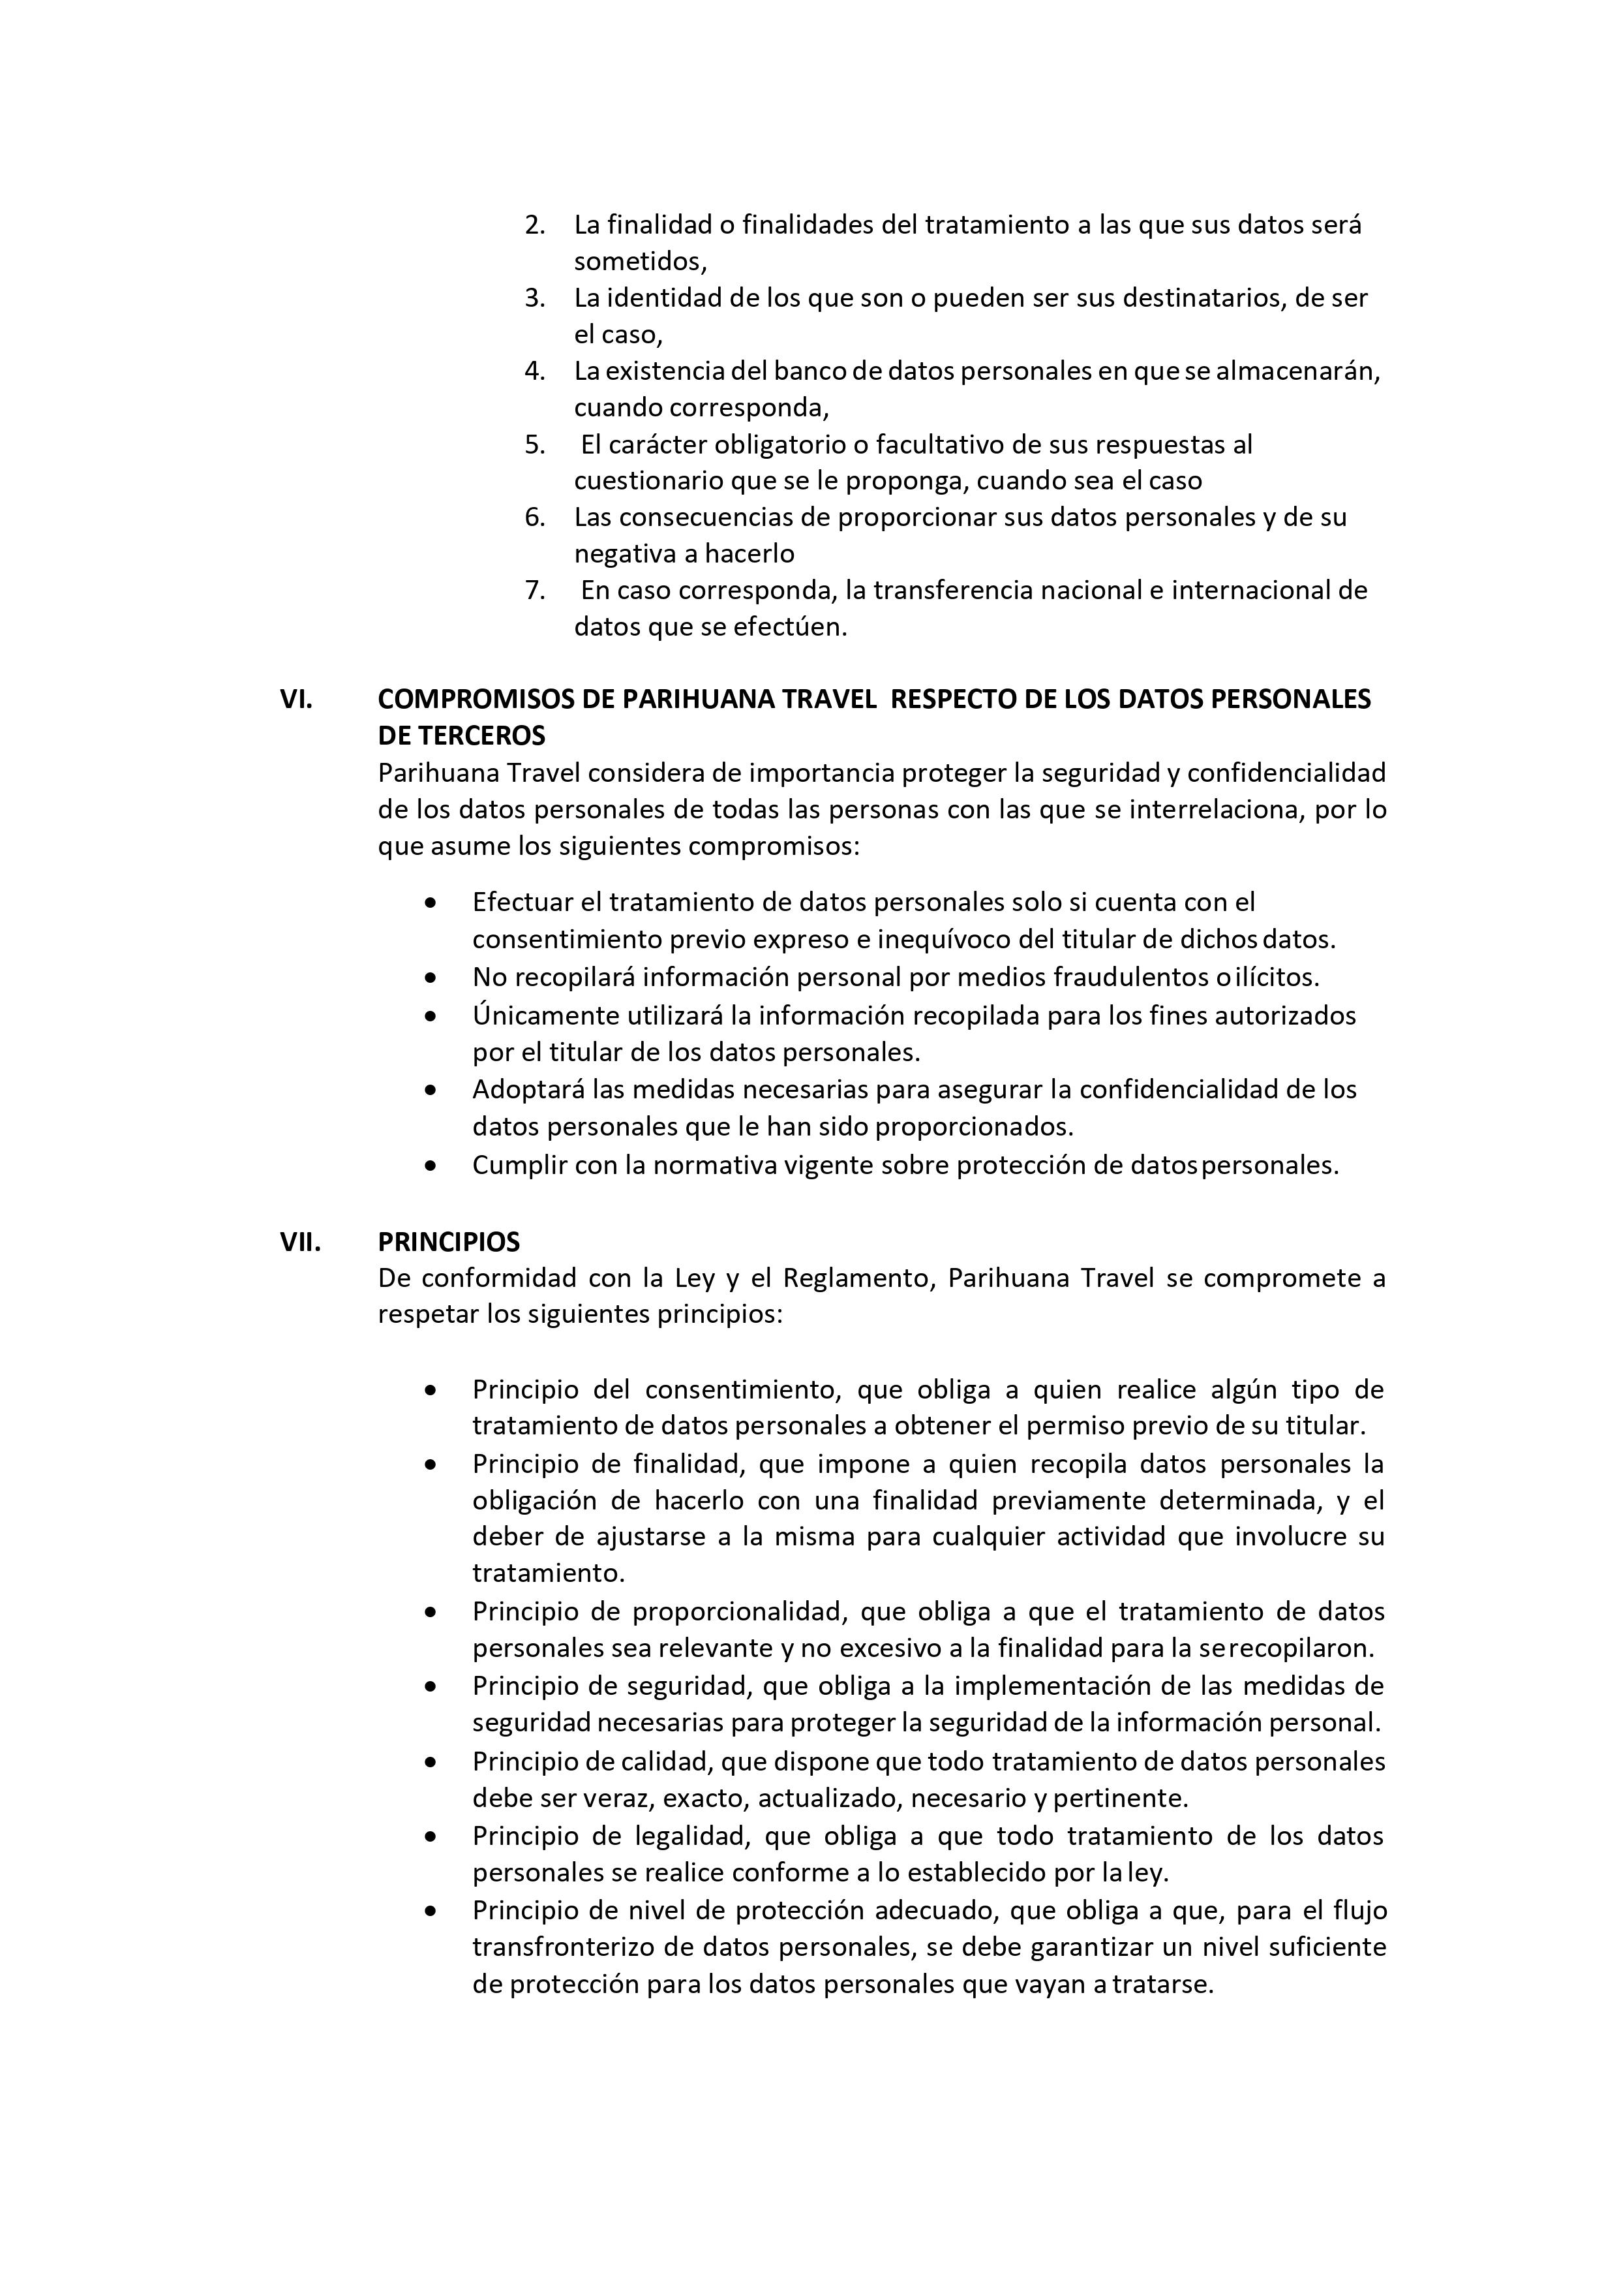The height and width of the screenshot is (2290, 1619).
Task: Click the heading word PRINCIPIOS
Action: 449,1242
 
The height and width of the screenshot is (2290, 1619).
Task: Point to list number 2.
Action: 534,225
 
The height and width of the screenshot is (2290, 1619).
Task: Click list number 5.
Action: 534,445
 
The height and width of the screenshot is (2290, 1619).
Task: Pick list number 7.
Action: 534,591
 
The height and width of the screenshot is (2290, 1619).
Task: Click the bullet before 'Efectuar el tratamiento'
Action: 430,903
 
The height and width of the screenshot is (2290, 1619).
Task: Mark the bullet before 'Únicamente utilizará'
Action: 430,1016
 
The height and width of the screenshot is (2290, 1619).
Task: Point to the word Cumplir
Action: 517,1165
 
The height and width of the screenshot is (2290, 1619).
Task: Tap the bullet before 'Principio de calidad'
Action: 430,1763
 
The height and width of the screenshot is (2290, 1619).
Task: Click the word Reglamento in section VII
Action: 855,1278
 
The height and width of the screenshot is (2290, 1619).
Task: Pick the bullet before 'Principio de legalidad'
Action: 430,1836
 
